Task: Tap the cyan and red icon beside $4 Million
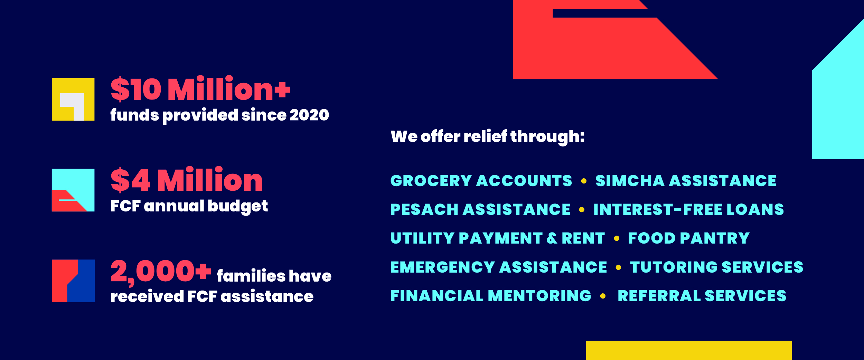click(73, 190)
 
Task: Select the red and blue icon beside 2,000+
click(73, 281)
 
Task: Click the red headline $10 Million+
click(200, 89)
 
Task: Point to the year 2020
click(309, 115)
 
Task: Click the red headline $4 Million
click(187, 180)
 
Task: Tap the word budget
click(238, 206)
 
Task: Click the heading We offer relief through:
click(488, 137)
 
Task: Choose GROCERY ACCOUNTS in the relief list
click(481, 181)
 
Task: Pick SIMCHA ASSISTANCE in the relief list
click(686, 181)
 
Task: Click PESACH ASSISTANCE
click(480, 209)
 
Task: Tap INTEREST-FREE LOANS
click(688, 209)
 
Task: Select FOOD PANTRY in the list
click(689, 238)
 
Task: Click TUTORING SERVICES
click(716, 267)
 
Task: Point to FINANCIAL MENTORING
click(491, 296)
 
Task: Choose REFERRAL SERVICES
click(702, 296)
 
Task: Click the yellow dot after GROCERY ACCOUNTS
click(584, 181)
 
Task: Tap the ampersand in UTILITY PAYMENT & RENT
click(552, 238)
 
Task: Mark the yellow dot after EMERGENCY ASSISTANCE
click(618, 267)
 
